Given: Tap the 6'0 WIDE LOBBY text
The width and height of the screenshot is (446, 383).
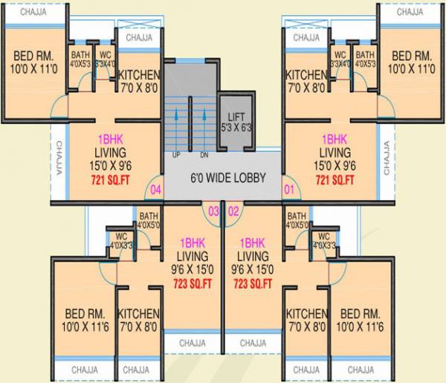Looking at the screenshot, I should [x=223, y=178].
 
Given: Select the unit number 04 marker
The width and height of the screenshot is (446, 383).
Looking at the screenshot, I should [x=155, y=190].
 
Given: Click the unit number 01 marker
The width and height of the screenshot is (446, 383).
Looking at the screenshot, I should [x=290, y=190].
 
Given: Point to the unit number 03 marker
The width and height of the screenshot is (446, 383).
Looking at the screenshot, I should [x=213, y=211].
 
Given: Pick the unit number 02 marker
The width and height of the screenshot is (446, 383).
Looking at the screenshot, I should [x=233, y=211].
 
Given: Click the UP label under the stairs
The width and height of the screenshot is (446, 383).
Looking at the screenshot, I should [x=176, y=155].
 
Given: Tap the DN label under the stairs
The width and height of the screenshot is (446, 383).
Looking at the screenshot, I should [x=204, y=155].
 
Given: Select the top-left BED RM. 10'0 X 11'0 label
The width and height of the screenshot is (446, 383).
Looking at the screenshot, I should [x=35, y=62].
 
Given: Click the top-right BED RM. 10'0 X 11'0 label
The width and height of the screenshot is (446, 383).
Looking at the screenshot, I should [x=412, y=62].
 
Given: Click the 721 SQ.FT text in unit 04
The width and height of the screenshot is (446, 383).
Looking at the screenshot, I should [x=114, y=180].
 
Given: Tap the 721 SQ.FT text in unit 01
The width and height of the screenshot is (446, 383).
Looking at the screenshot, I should [x=334, y=180].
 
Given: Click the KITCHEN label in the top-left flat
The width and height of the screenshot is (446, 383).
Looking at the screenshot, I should [x=138, y=81].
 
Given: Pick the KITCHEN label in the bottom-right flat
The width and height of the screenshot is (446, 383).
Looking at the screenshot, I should [x=307, y=319].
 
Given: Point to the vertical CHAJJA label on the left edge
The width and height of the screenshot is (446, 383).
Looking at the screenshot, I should [x=56, y=158].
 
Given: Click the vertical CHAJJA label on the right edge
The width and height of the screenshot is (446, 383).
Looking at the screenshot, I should [x=387, y=158].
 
